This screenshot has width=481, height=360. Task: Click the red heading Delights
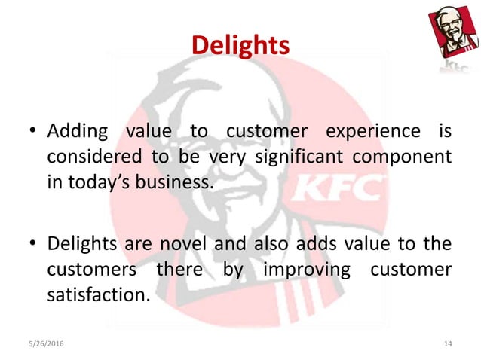click(x=240, y=46)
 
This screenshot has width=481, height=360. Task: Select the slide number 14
click(x=448, y=343)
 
